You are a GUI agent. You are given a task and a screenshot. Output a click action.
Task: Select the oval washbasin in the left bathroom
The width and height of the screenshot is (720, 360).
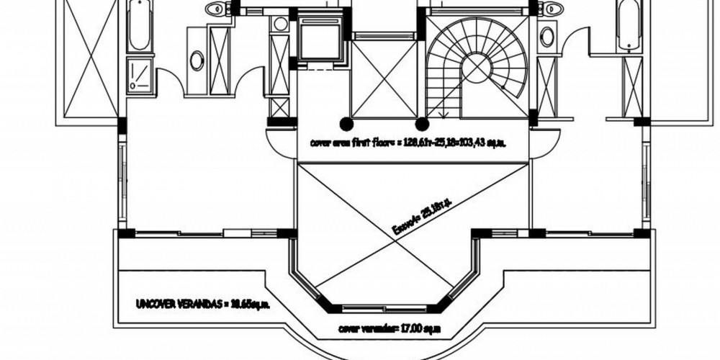[x=197, y=60]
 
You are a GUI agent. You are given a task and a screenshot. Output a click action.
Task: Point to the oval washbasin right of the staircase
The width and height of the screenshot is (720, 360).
[x=547, y=36]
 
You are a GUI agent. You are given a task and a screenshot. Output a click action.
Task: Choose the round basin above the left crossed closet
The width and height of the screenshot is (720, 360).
[x=281, y=24]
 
